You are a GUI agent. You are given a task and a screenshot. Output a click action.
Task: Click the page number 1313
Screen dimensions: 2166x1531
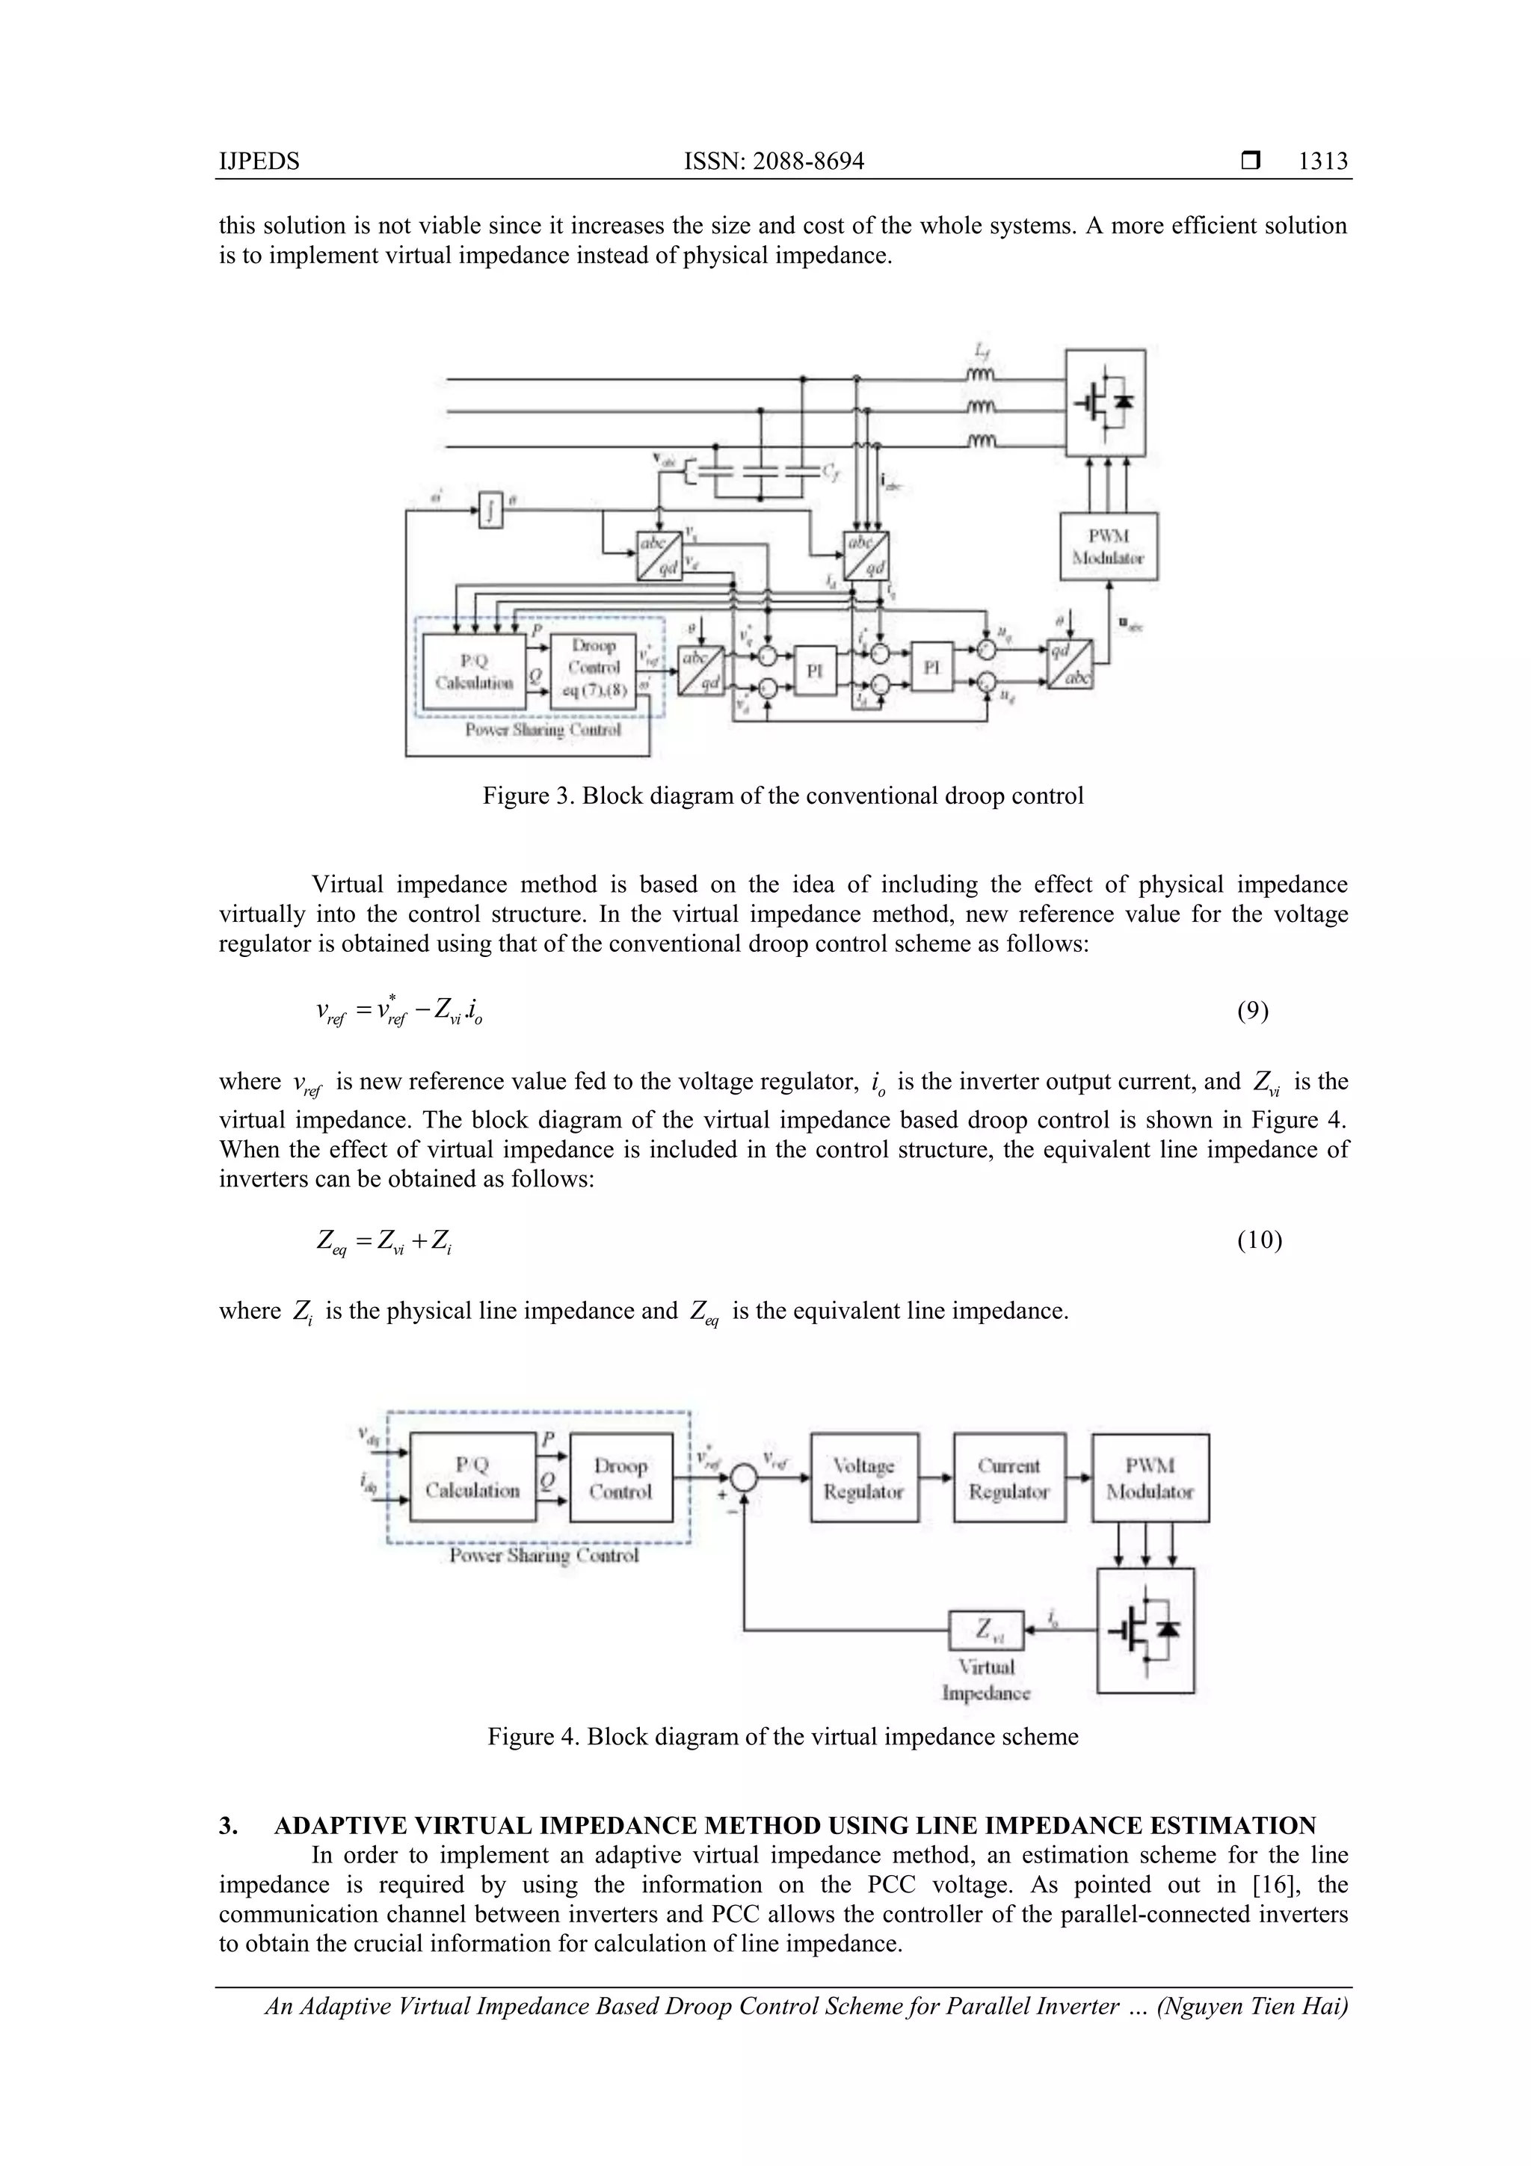tap(1322, 161)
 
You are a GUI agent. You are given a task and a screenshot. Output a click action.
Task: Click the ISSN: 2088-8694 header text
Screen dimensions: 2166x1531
tap(774, 161)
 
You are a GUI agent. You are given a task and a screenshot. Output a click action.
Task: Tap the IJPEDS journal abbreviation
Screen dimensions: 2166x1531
tap(259, 161)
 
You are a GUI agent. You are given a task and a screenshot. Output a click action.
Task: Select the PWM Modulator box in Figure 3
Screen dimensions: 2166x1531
tap(1109, 547)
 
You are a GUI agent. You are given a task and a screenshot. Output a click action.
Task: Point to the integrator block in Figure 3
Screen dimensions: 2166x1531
tap(490, 511)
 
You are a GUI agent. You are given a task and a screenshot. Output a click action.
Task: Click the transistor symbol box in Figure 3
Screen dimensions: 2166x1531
tap(1106, 403)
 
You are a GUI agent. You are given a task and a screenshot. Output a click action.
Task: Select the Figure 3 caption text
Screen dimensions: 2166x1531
tap(783, 796)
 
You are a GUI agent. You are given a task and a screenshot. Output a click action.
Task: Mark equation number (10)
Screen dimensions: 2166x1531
tap(1258, 1240)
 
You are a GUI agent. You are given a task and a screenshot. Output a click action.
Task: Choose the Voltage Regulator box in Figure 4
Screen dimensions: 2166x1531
tap(864, 1478)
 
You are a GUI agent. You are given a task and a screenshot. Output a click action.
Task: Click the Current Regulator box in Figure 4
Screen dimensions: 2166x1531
tap(1009, 1478)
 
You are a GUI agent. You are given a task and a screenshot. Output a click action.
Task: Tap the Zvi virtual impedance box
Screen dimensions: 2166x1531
tap(986, 1629)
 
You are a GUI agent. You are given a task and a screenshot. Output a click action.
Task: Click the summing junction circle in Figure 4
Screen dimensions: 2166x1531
tap(745, 1477)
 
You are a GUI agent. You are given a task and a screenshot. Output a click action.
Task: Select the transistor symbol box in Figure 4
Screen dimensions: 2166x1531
tap(1145, 1629)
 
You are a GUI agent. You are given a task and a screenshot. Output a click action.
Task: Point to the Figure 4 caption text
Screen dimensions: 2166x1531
tap(783, 1737)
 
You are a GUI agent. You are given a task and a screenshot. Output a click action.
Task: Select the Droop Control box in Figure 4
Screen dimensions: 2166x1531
tap(620, 1478)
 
